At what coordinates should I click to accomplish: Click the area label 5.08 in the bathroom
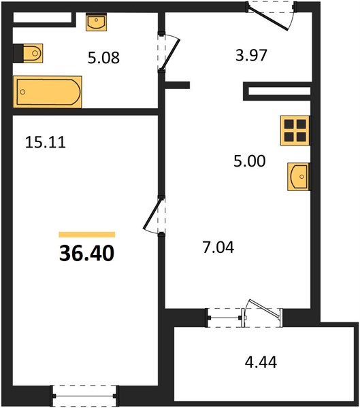(x=103, y=58)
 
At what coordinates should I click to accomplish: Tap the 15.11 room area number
(x=46, y=143)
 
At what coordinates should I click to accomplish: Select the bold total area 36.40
(x=86, y=254)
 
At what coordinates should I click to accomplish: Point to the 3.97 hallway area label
(x=251, y=56)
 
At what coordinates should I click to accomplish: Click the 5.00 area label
(x=250, y=160)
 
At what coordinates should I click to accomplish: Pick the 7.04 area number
(x=218, y=248)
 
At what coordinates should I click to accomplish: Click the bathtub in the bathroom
(x=48, y=92)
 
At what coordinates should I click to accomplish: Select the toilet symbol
(x=28, y=53)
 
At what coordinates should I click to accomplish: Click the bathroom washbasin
(x=96, y=22)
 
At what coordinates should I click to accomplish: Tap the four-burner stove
(x=295, y=131)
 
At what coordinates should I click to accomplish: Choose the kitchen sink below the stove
(x=299, y=177)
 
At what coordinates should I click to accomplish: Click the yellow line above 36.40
(x=87, y=235)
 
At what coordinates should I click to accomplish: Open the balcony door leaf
(x=264, y=309)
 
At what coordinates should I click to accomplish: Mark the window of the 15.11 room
(x=84, y=396)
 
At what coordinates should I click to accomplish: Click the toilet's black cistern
(x=18, y=53)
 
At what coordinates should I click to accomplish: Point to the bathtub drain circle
(x=22, y=92)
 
